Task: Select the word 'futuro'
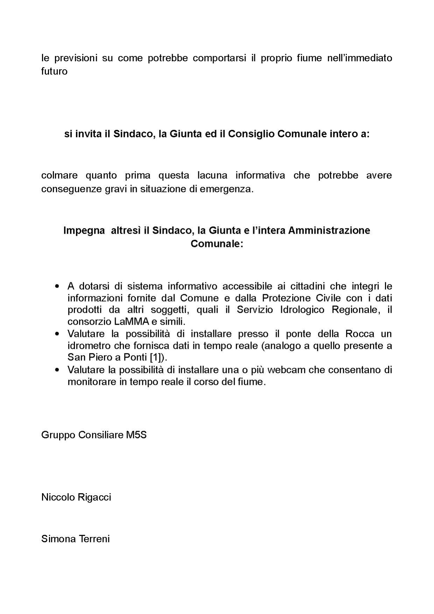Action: (x=54, y=71)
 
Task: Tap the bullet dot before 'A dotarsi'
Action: (x=57, y=287)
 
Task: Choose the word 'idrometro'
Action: (x=89, y=346)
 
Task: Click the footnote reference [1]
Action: (x=157, y=358)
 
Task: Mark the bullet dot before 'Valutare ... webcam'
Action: (x=57, y=370)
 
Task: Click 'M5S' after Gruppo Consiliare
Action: (x=136, y=435)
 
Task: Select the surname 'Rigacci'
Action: (x=95, y=497)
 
